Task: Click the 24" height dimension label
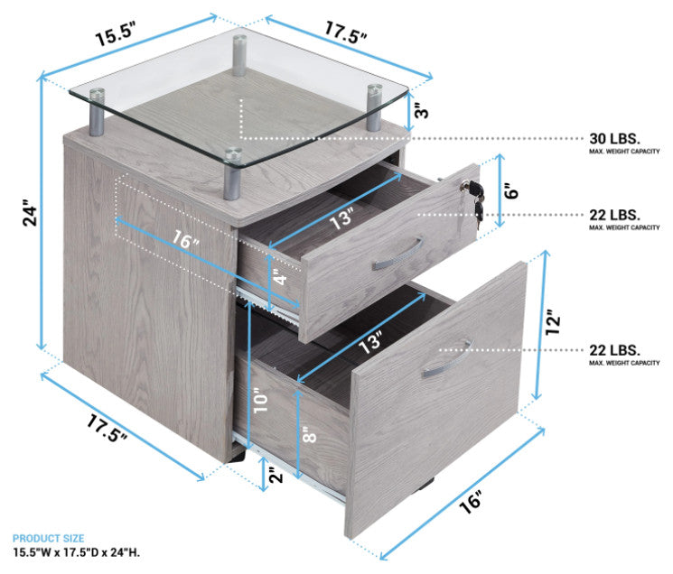click(x=30, y=212)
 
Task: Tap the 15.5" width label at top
click(x=115, y=34)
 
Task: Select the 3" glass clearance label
click(x=422, y=111)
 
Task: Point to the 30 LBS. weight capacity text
click(x=614, y=138)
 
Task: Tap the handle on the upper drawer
click(x=397, y=255)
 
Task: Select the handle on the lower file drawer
click(x=447, y=359)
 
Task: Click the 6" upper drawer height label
click(x=511, y=190)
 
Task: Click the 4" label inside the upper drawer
click(x=280, y=276)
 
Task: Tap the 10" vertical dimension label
click(x=260, y=401)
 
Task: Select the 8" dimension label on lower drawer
click(x=309, y=435)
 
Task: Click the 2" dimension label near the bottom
click(x=276, y=475)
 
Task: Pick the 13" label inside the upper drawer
click(x=343, y=218)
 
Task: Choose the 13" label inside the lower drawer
click(x=370, y=343)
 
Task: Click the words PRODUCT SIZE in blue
click(x=48, y=539)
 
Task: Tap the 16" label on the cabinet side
click(x=185, y=239)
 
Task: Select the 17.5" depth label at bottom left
click(x=107, y=427)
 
